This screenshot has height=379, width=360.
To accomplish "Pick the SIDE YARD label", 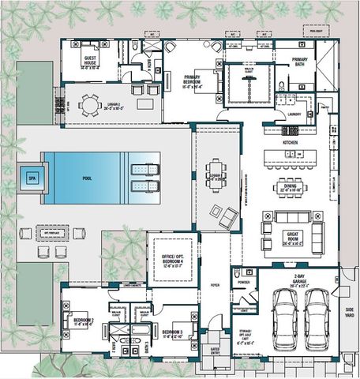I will pyautogui.click(x=349, y=311).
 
